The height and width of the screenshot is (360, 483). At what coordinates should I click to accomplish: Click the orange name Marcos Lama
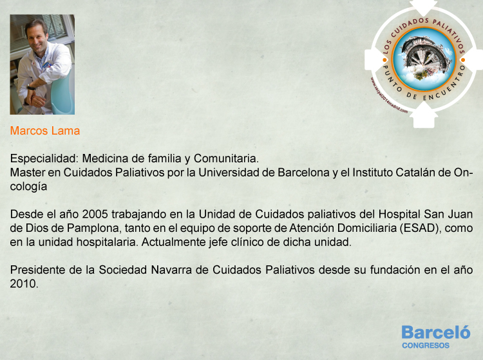(45, 131)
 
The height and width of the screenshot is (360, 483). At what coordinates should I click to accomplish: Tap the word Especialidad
(44, 158)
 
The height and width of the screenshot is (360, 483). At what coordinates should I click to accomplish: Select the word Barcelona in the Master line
(303, 172)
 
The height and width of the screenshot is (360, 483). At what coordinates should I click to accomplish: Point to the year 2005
(95, 214)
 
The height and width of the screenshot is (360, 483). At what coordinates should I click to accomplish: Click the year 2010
(24, 283)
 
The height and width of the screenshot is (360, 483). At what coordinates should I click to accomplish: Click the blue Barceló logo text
(436, 332)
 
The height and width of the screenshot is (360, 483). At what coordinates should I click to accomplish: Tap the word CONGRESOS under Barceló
(426, 346)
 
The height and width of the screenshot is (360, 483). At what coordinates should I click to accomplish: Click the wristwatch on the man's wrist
(30, 88)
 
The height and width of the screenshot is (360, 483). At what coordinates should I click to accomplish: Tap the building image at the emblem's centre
(424, 59)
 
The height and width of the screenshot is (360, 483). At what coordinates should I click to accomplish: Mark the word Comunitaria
(226, 158)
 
